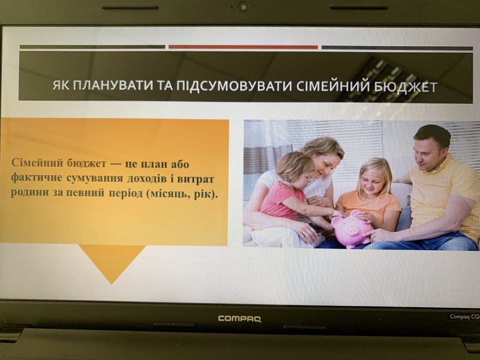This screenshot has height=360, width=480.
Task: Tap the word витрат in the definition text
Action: pos(196,179)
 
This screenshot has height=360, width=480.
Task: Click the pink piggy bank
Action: pos(352,228)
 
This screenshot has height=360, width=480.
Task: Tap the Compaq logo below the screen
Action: pos(239,319)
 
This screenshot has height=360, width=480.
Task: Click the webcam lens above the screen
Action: pos(244,7)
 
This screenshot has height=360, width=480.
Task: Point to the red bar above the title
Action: pos(243,47)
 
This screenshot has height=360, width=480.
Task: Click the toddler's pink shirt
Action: pos(281,200)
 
